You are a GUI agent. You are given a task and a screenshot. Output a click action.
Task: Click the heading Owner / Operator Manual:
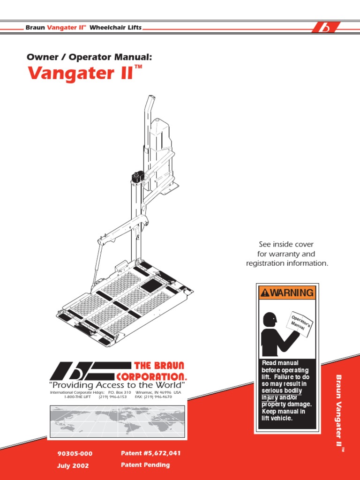(x=90, y=57)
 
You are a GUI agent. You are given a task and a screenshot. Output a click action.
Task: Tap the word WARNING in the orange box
(x=292, y=293)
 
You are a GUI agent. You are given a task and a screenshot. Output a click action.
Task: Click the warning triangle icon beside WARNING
(x=265, y=293)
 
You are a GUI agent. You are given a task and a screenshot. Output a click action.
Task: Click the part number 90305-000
(x=75, y=454)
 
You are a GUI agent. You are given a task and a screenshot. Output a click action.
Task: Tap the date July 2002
(x=73, y=466)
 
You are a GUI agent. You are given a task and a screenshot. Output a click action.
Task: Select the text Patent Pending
(x=145, y=465)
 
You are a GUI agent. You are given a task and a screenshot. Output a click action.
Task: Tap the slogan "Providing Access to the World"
(x=117, y=385)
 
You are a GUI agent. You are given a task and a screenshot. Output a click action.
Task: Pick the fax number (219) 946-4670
(x=153, y=397)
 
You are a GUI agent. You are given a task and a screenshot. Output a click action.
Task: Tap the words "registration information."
(x=287, y=263)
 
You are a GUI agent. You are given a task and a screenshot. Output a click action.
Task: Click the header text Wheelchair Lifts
(x=115, y=28)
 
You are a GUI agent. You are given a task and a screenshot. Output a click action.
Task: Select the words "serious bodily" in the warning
(x=282, y=391)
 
